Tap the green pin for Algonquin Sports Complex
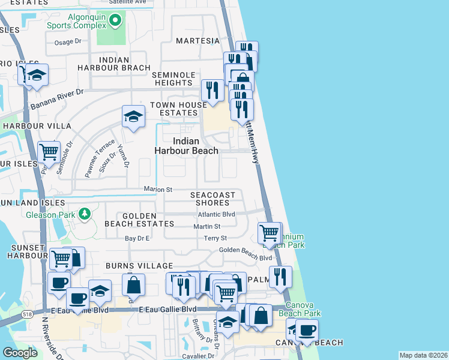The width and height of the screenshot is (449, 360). [116, 22]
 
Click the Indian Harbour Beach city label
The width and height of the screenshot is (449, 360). [187, 146]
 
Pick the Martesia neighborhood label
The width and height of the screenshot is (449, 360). [198, 41]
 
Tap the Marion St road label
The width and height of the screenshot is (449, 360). [158, 190]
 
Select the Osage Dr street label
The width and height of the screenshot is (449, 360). [67, 41]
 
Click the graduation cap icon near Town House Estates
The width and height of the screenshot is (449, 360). [133, 116]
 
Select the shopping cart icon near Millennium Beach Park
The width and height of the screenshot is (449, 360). [270, 232]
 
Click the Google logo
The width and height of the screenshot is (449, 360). [20, 353]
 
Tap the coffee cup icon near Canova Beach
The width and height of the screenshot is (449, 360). [307, 329]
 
